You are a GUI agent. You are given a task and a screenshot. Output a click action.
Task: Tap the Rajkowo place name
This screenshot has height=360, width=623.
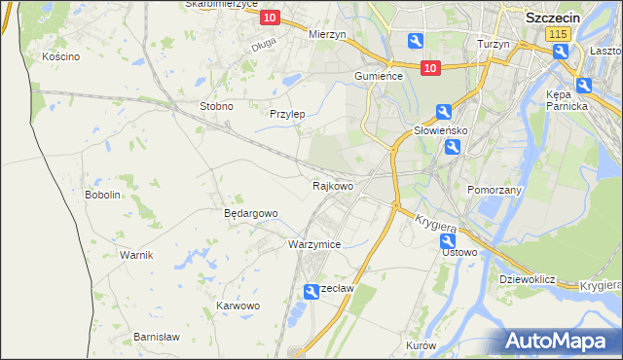332,185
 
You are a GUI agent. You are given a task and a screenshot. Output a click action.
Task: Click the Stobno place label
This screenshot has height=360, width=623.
216,106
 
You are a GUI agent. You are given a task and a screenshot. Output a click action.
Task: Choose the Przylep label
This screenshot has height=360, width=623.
287,114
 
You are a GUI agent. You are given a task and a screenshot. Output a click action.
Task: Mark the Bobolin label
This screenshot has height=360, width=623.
102,195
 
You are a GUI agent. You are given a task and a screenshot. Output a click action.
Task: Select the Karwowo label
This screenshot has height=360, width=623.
238,306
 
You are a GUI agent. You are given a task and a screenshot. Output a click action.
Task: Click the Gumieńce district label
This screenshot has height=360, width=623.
379,76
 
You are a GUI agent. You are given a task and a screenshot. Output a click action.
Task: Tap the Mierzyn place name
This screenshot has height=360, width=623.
327,34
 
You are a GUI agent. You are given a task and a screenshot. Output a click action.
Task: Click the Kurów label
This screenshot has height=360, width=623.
421,346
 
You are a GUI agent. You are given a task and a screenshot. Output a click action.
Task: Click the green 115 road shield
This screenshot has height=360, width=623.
558,34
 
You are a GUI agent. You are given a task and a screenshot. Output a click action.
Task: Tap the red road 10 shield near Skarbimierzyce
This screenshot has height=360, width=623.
270,18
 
